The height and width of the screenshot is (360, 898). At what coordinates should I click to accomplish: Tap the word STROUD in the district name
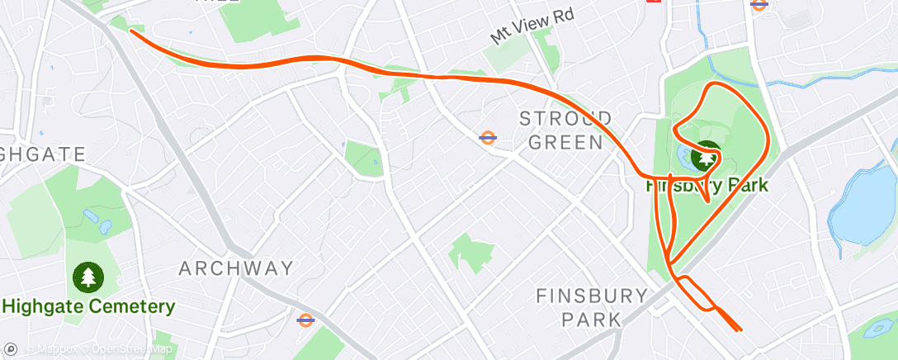click(566, 117)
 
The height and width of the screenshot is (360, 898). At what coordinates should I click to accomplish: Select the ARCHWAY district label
click(236, 268)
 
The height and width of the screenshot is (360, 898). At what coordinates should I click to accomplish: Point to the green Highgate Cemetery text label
click(88, 307)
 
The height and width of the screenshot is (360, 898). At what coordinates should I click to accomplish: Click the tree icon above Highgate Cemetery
click(87, 277)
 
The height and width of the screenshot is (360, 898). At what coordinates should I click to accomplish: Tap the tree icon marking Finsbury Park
click(706, 156)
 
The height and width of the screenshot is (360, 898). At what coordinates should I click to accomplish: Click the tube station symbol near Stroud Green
click(488, 137)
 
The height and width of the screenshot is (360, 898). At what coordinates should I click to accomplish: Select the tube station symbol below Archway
click(305, 319)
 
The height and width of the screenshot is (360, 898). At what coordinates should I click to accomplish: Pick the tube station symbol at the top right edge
click(759, 4)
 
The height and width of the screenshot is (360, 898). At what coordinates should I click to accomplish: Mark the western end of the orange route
click(131, 31)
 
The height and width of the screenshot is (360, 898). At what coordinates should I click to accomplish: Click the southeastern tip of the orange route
click(740, 329)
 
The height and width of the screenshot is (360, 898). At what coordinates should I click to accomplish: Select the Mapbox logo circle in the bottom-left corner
click(10, 349)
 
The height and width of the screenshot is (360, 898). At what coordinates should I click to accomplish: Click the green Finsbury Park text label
click(707, 186)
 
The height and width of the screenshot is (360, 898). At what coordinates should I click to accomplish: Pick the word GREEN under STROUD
click(566, 142)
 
